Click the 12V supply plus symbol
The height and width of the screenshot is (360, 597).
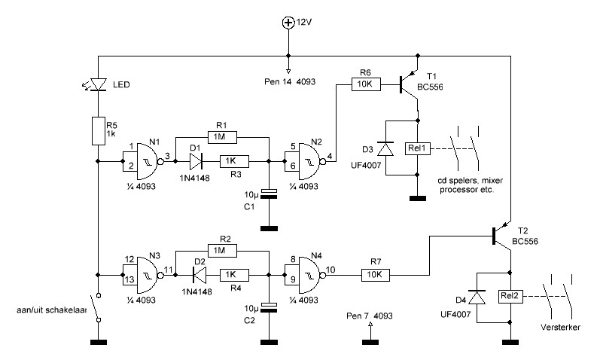click(288, 23)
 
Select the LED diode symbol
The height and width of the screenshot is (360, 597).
click(98, 84)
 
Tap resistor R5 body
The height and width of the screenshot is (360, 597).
click(98, 131)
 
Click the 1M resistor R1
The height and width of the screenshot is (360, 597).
click(222, 137)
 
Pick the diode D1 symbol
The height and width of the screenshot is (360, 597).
click(196, 161)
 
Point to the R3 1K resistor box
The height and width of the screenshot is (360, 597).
click(235, 161)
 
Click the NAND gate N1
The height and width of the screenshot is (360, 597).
click(147, 161)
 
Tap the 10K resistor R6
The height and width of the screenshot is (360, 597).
click(366, 84)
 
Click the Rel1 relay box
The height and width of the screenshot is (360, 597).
click(418, 148)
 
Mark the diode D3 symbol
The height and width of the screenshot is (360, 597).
click(385, 148)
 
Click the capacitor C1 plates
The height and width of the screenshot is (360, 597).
click(269, 194)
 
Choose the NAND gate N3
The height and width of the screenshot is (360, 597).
click(147, 275)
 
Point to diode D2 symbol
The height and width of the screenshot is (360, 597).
click(200, 275)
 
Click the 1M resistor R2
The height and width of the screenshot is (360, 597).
click(222, 250)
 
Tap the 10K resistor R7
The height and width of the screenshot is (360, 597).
click(376, 275)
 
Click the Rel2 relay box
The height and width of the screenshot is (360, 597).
click(510, 297)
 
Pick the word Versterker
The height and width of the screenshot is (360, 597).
click(560, 327)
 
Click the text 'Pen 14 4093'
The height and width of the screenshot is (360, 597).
click(290, 81)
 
